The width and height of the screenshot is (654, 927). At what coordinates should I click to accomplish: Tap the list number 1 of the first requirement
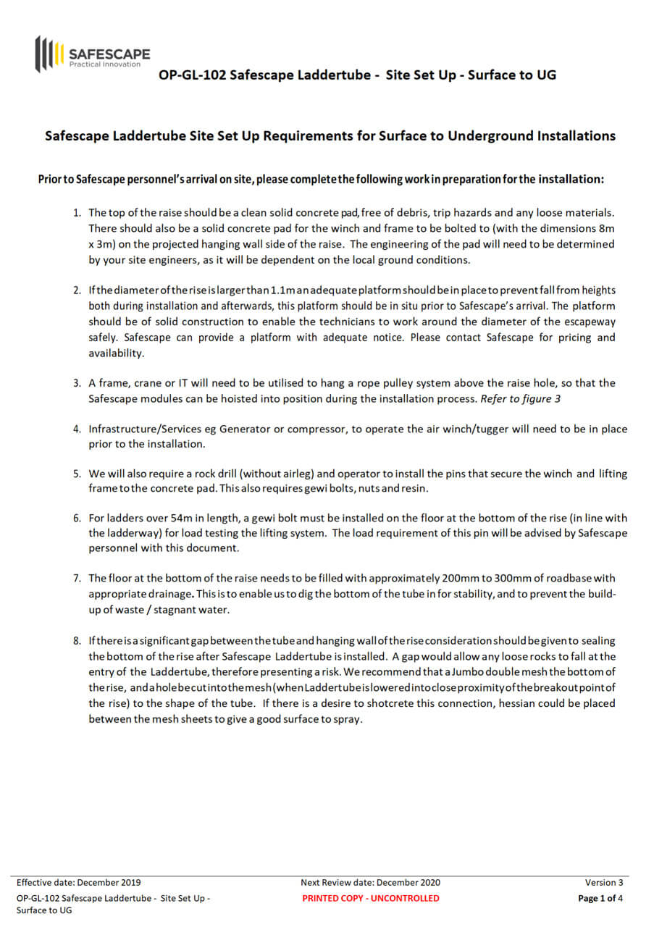coord(77,212)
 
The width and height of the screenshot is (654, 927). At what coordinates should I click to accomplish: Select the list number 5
coord(77,474)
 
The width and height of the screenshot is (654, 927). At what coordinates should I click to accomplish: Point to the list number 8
coord(77,641)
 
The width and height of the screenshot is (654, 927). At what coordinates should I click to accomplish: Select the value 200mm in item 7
coord(458,578)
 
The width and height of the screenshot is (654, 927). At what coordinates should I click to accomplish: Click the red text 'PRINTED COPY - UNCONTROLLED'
coord(370,898)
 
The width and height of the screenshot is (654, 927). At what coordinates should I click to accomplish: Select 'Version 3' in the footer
coord(604,882)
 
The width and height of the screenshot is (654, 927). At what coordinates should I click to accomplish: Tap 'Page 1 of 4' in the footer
coord(600,898)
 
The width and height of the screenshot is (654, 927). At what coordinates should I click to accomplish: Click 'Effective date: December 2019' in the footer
coord(78,882)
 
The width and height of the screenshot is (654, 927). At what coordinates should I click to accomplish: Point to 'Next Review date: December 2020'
coord(370,882)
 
